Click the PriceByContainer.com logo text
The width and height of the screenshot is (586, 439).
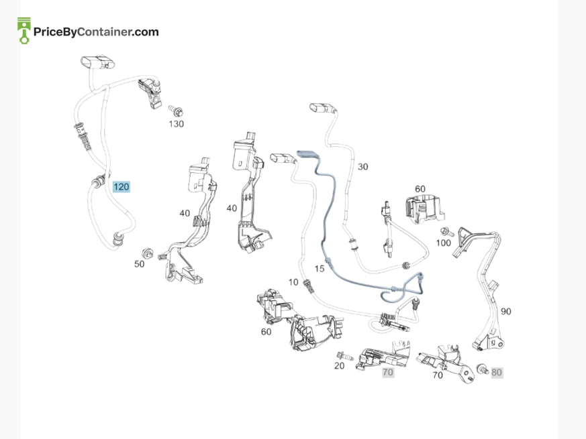(96, 32)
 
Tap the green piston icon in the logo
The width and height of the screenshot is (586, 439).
(24, 31)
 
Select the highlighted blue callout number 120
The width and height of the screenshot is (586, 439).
(121, 186)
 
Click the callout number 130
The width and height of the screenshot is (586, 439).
(176, 124)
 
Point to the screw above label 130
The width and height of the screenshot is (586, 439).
(176, 110)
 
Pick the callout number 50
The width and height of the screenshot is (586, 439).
(140, 264)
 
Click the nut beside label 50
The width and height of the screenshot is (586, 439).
(148, 253)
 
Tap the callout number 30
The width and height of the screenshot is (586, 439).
(363, 167)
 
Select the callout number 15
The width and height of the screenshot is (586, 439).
(320, 269)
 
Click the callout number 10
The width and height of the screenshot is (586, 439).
(293, 282)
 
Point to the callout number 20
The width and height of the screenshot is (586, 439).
(340, 366)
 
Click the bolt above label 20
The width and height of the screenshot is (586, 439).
(344, 356)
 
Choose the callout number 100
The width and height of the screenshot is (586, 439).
(444, 243)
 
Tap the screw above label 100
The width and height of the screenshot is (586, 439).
(447, 232)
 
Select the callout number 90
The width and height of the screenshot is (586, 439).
(506, 312)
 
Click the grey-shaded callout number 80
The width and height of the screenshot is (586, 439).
(497, 372)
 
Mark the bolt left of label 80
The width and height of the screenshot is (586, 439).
(483, 369)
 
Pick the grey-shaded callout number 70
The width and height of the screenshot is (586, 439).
(388, 372)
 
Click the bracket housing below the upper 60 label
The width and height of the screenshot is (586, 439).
(424, 210)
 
